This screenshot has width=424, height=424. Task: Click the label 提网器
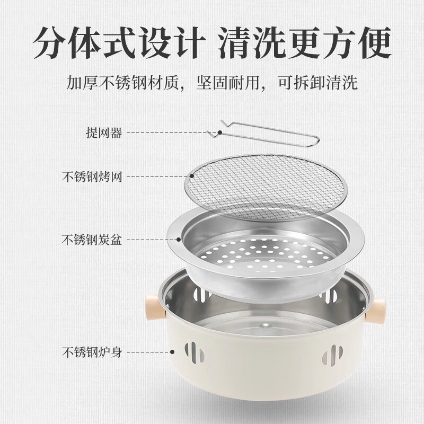[104, 132]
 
